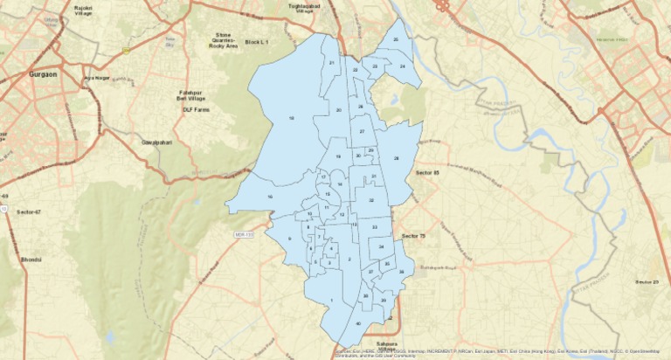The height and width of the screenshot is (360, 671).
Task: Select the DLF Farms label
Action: click(197, 110)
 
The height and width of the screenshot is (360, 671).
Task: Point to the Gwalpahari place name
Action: click(155, 142)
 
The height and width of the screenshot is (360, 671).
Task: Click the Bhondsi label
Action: click(31, 260)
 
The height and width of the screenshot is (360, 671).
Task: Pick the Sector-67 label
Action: click(29, 211)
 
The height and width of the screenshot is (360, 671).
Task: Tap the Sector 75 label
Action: click(414, 236)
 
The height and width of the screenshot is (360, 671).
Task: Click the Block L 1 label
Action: click(257, 42)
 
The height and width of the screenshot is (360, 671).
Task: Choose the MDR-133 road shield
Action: click(244, 234)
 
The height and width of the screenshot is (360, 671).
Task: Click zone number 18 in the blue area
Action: click(291, 117)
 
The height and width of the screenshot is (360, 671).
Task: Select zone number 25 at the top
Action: click(395, 39)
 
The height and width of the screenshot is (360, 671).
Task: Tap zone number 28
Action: click(396, 158)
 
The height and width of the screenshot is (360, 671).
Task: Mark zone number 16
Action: click(270, 197)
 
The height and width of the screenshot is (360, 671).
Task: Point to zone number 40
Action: click(357, 324)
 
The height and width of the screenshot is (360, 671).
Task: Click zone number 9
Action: click(287, 239)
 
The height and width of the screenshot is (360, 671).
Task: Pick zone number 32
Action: click(371, 200)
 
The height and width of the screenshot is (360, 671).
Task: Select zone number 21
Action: click(332, 63)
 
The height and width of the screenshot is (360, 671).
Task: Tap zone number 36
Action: click(401, 273)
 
